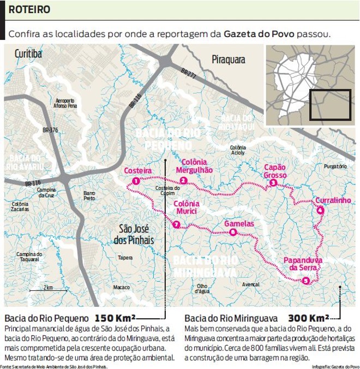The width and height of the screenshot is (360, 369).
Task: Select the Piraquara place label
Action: pos(229,59)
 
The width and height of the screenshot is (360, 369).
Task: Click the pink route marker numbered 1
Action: pos(135,181)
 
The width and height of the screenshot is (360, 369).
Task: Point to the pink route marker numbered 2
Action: pos(183,181)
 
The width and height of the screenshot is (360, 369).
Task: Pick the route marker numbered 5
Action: pos(306,281)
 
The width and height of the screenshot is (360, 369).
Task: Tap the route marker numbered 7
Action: pos(176,224)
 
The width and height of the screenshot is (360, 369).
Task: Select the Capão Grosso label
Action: pos(275,171)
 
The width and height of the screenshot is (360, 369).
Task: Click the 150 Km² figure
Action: pos(115,318)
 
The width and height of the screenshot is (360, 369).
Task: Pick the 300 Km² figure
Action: pos(309,318)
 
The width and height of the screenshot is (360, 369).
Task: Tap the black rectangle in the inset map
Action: pos(330,104)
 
